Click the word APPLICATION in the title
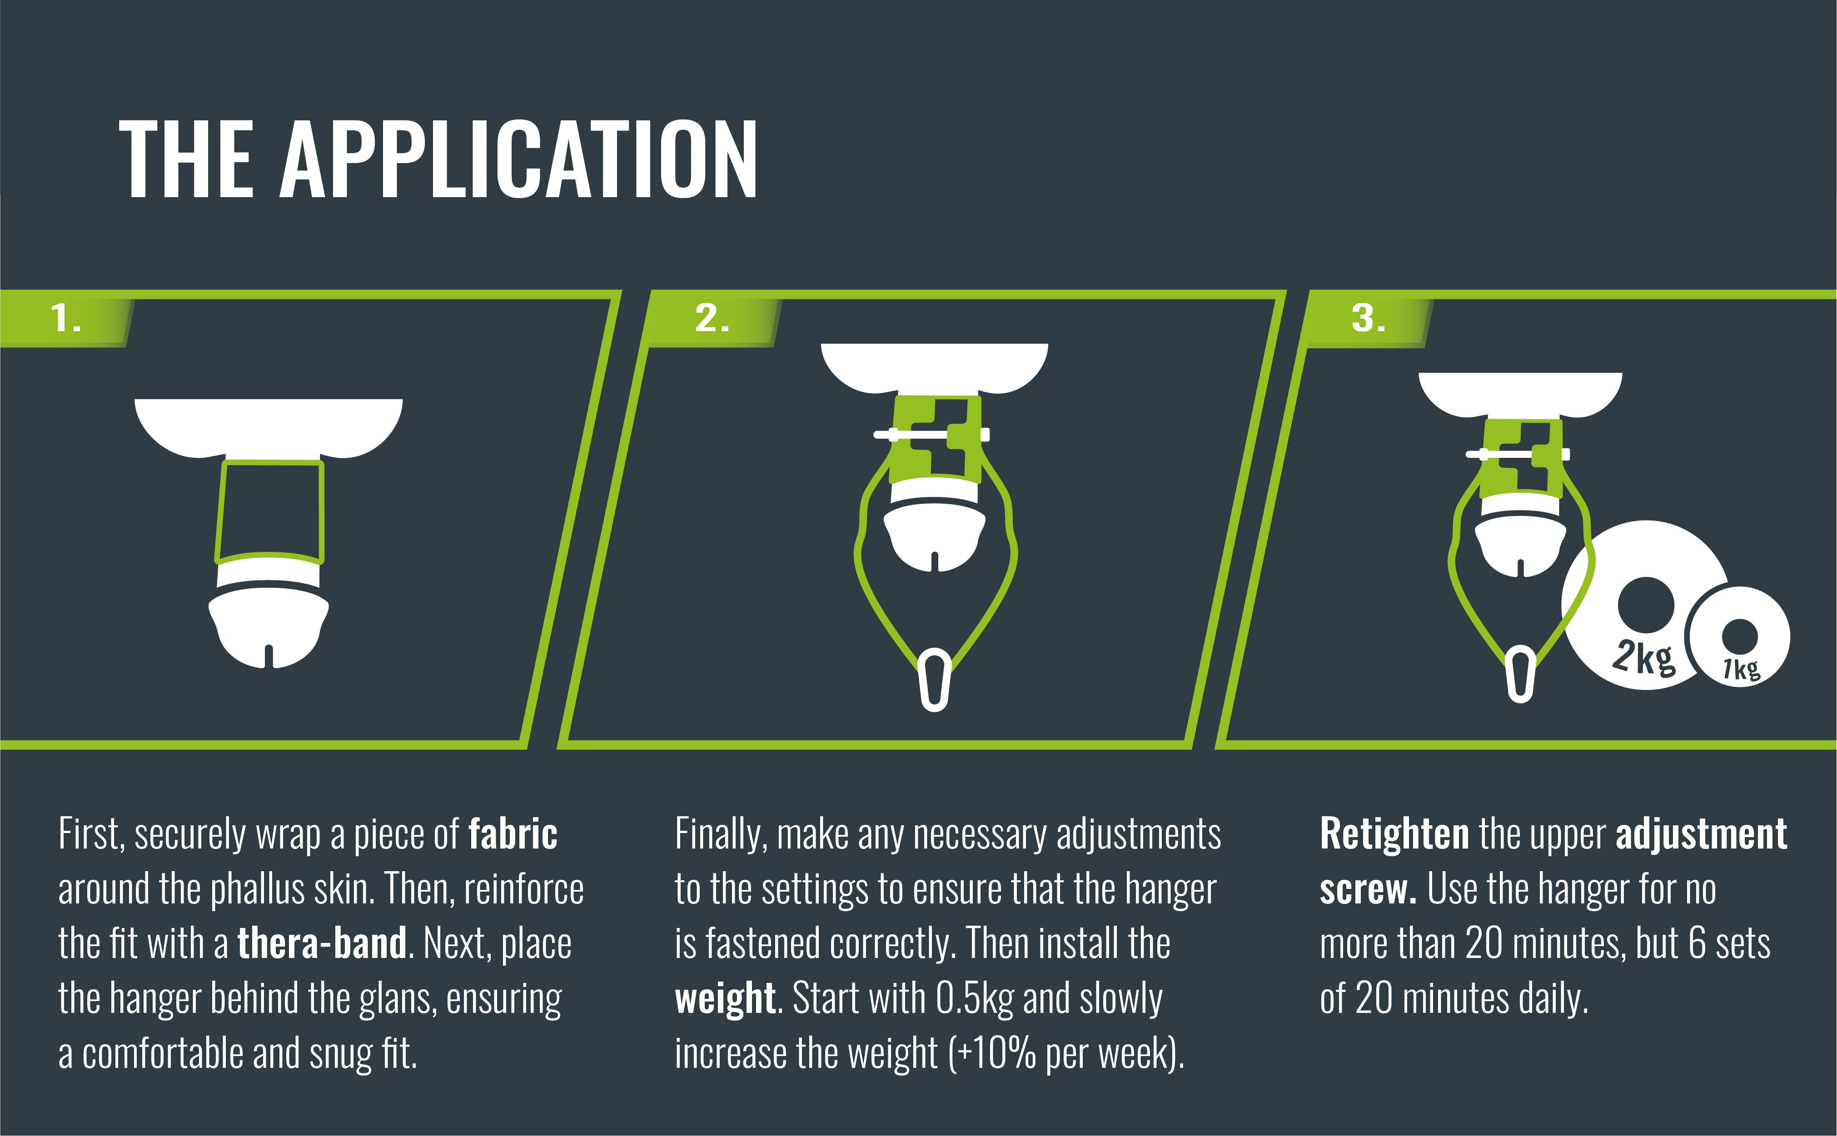pos(518,159)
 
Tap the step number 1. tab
pos(66,318)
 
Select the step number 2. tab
pos(712,318)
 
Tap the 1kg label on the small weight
pos(1742,667)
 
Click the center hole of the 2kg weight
pos(1645,605)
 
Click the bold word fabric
pos(513,835)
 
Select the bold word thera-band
pos(322,944)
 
